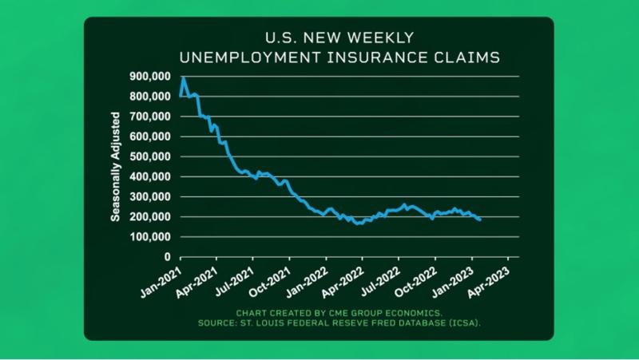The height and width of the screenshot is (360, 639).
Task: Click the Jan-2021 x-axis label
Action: coord(165,278)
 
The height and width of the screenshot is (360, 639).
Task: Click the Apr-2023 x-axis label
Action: coord(494,278)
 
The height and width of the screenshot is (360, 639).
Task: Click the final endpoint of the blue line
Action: coord(479,220)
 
